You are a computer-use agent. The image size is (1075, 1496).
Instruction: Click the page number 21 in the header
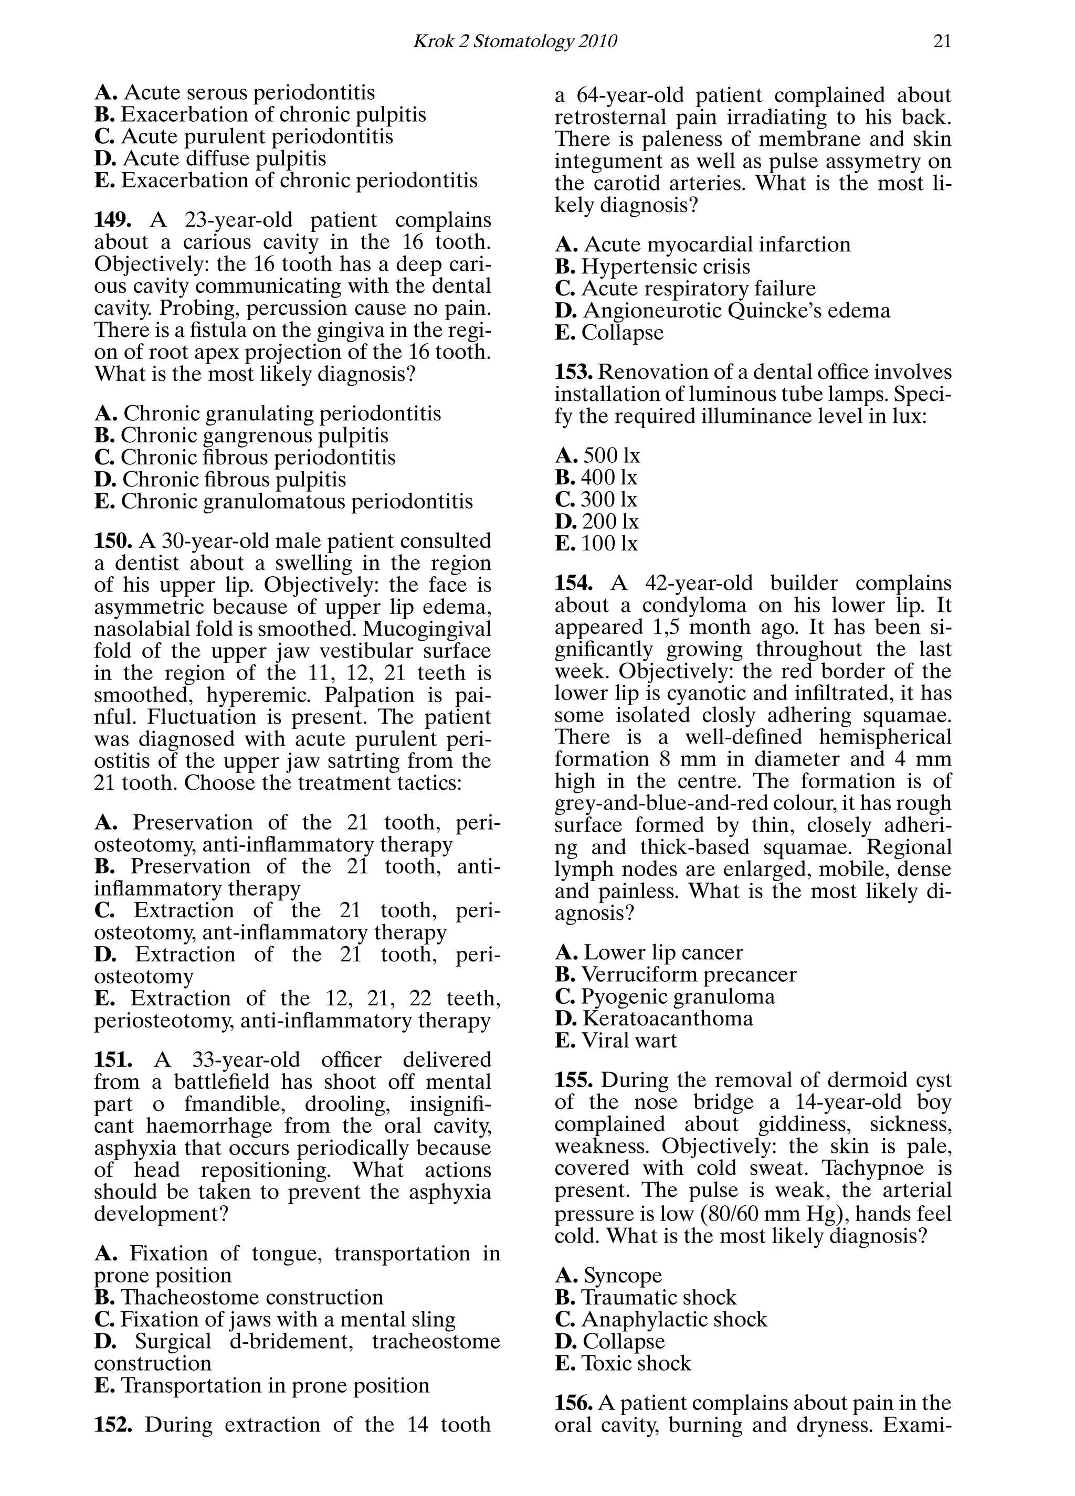click(942, 41)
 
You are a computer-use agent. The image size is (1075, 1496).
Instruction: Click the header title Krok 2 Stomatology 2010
click(515, 41)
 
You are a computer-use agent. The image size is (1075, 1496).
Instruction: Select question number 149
click(113, 220)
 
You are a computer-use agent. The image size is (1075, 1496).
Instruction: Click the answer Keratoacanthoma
click(667, 1018)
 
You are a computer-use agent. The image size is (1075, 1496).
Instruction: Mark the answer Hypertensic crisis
click(665, 267)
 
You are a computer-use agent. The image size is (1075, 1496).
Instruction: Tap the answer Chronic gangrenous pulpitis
click(254, 436)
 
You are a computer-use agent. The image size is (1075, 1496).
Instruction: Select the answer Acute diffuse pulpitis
click(224, 158)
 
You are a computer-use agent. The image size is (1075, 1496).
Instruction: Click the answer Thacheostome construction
click(251, 1297)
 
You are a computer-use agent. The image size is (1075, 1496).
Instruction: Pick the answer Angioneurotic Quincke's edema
click(736, 310)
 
